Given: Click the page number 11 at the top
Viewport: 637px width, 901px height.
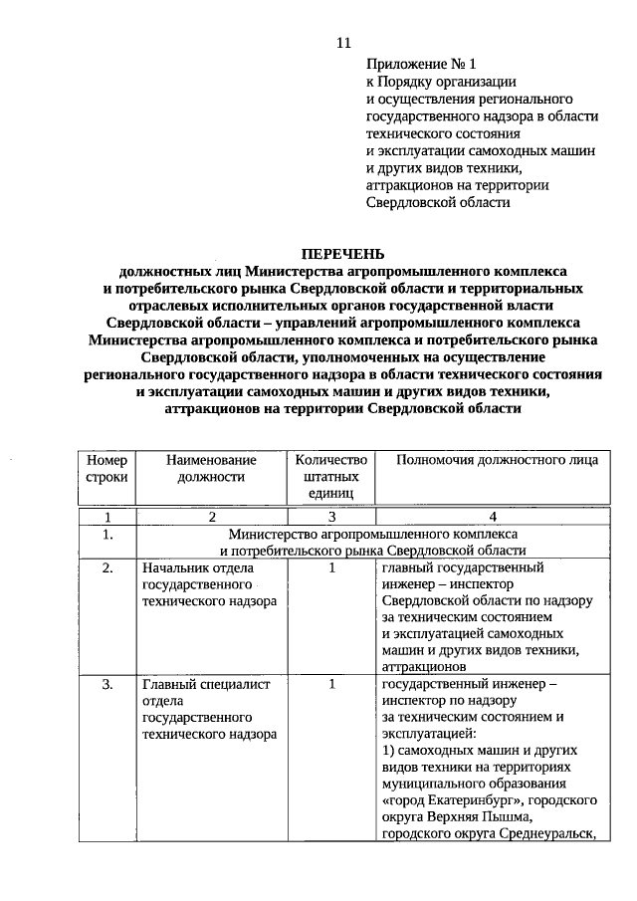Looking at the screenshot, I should (x=344, y=43).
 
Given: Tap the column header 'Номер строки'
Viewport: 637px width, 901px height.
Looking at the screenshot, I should (x=107, y=468).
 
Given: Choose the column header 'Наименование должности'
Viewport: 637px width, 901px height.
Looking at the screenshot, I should (x=211, y=468).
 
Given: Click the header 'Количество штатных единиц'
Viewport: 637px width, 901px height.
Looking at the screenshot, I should (x=331, y=476).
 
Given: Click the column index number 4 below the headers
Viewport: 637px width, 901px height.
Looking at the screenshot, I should (x=492, y=517).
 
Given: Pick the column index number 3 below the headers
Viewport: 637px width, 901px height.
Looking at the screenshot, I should (x=331, y=517).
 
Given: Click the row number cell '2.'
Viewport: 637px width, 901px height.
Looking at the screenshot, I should (x=107, y=568).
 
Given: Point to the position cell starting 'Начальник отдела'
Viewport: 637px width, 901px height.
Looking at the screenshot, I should (x=205, y=585).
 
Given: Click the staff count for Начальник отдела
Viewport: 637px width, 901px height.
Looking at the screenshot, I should (x=331, y=568).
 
